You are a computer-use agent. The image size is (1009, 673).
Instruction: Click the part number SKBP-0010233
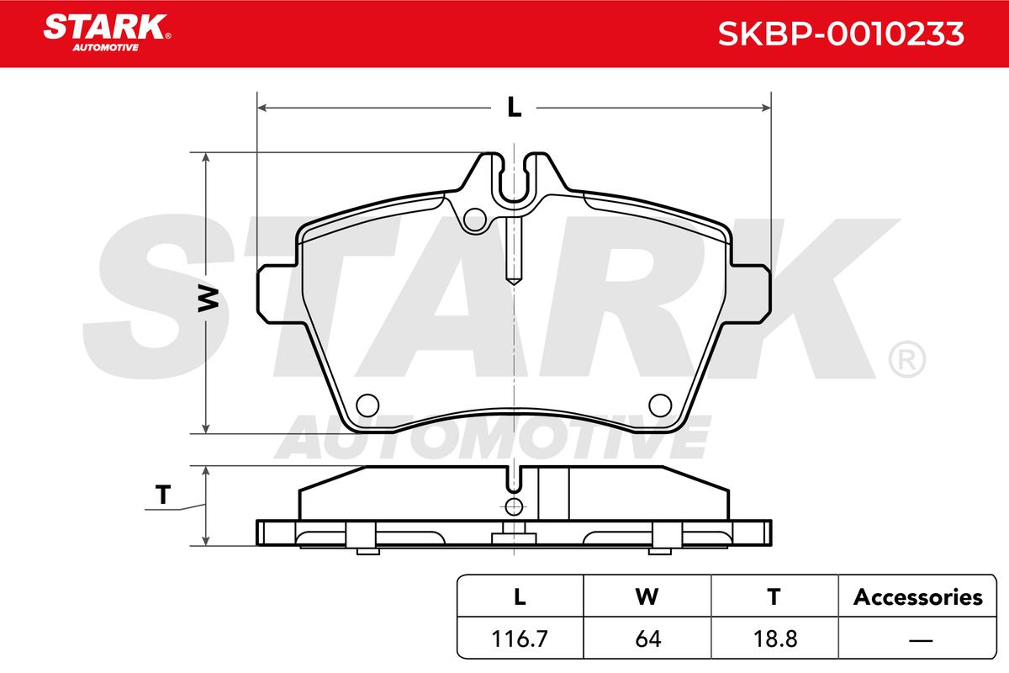841,34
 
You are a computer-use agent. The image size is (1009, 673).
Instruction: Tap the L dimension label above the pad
514,108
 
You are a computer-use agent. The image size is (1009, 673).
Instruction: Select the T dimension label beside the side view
162,495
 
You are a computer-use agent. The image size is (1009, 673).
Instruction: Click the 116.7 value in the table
520,639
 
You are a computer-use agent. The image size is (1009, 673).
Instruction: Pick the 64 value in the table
647,639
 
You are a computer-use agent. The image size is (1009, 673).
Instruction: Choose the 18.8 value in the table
775,639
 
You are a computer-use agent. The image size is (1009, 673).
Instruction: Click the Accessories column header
917,596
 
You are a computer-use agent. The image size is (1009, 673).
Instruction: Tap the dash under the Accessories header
921,639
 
